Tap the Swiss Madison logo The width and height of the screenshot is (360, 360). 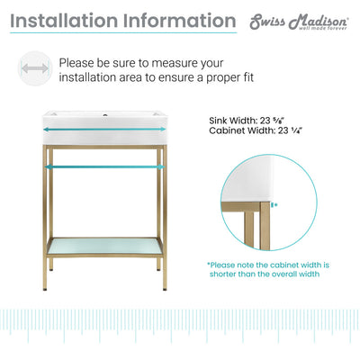298,22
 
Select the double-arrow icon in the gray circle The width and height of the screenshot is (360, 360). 34,69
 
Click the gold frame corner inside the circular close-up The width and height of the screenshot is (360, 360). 264,208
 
